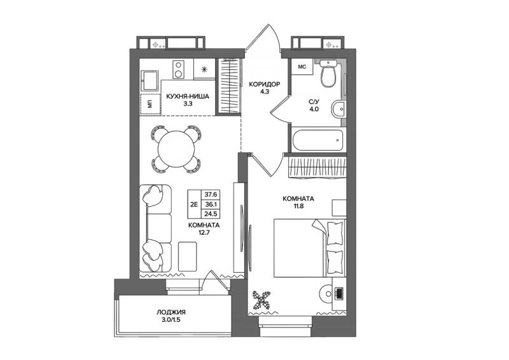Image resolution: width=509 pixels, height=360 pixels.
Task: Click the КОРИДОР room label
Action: [x=264, y=85]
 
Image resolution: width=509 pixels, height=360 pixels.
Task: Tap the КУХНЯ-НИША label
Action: [x=188, y=97]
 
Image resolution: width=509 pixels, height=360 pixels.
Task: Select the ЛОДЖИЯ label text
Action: [x=171, y=312]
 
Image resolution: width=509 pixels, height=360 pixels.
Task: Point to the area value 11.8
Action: [x=298, y=206]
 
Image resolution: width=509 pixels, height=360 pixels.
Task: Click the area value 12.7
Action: [x=204, y=232]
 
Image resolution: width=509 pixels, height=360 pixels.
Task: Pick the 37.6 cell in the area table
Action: [x=211, y=195]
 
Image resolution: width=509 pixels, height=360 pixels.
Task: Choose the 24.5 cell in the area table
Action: [x=211, y=214]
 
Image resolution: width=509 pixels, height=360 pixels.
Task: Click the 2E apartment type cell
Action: [x=195, y=204]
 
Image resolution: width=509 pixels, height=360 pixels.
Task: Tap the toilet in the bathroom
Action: [x=329, y=73]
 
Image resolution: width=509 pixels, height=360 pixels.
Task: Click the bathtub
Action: [x=317, y=140]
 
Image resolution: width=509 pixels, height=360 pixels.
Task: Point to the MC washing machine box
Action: [x=302, y=67]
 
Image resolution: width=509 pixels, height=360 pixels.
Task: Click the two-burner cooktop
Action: [x=178, y=69]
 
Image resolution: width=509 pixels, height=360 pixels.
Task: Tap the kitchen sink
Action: [x=150, y=81]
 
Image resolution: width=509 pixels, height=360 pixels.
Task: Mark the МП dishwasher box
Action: [x=150, y=104]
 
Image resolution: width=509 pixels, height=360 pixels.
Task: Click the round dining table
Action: [x=176, y=149]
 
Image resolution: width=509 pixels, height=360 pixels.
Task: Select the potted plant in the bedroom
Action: [x=261, y=299]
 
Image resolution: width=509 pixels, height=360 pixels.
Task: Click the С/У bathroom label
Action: [x=314, y=106]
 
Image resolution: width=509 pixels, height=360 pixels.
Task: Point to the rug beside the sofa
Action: [x=187, y=256]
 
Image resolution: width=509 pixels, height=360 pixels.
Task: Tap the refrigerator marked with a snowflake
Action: [x=204, y=69]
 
